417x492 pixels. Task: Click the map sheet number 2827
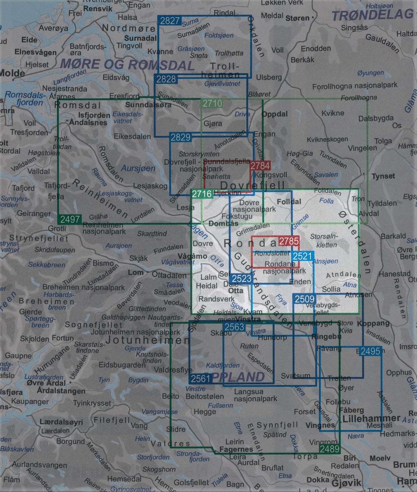pos(170,21)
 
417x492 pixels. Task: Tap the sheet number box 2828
pos(166,79)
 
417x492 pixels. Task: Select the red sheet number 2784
pos(260,165)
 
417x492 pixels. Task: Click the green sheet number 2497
pos(70,219)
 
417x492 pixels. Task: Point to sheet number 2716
pos(202,194)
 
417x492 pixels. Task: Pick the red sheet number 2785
pos(289,241)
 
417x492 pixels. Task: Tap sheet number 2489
pos(330,449)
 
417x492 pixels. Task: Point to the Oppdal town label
pos(275,114)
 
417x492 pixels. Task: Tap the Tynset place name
pos(383,176)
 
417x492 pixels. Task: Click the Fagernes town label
pos(236,449)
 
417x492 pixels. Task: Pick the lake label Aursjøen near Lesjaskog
pos(138,168)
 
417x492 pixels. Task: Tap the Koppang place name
pos(373,323)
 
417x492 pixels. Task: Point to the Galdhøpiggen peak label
pos(123,317)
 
